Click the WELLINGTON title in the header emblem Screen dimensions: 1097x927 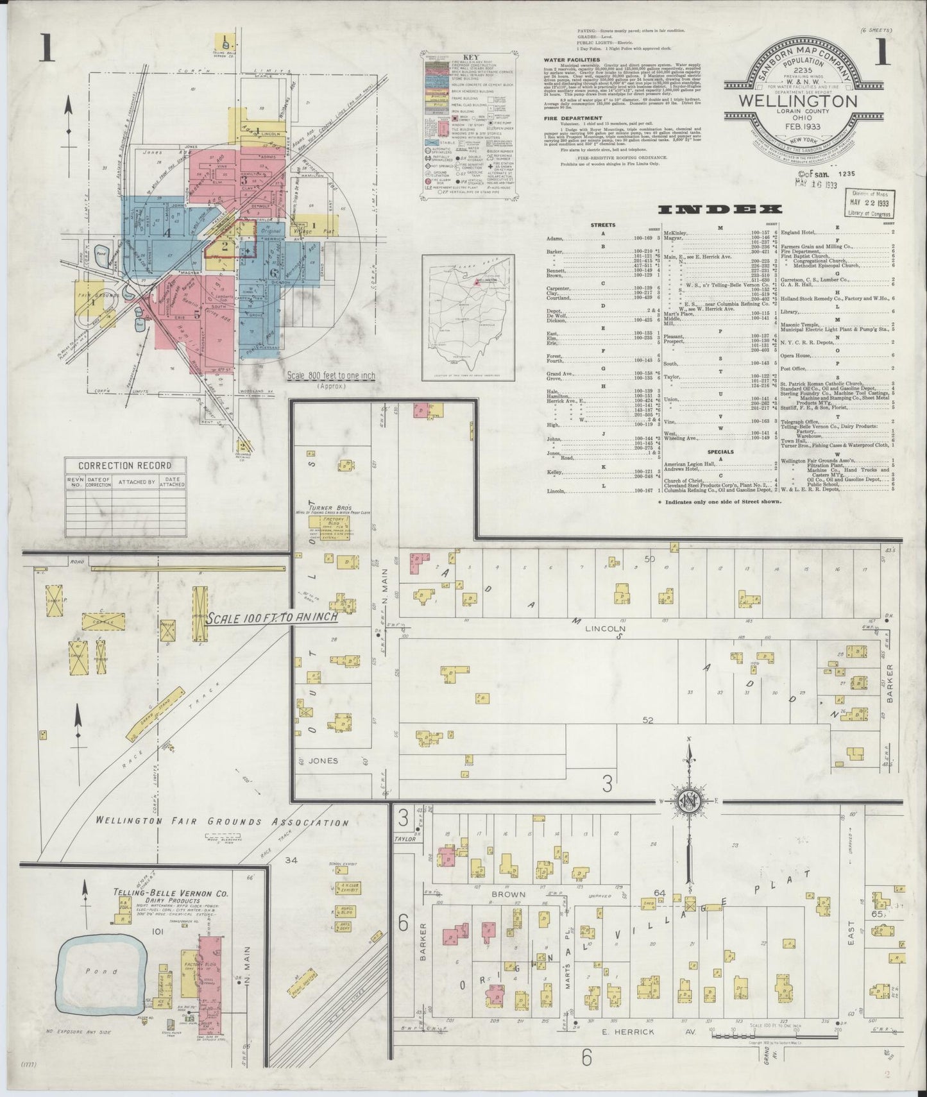tap(798, 101)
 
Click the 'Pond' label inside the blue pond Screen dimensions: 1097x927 tap(96, 972)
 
